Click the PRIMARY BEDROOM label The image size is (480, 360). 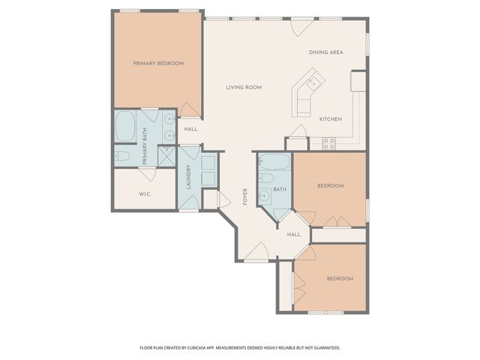tap(158, 64)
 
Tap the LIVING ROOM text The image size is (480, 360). tap(244, 88)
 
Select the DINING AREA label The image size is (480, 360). tap(325, 52)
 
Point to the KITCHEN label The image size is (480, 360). tap(331, 119)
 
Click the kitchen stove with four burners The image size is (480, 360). tap(328, 142)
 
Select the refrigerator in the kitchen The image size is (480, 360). tap(357, 80)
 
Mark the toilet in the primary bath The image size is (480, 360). tap(123, 156)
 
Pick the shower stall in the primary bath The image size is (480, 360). tap(166, 155)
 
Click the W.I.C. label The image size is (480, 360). tap(146, 194)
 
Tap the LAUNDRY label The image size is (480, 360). tap(188, 177)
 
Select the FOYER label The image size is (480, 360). tap(245, 196)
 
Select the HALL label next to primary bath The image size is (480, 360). tap(190, 129)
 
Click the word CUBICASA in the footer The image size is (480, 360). tap(211, 348)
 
